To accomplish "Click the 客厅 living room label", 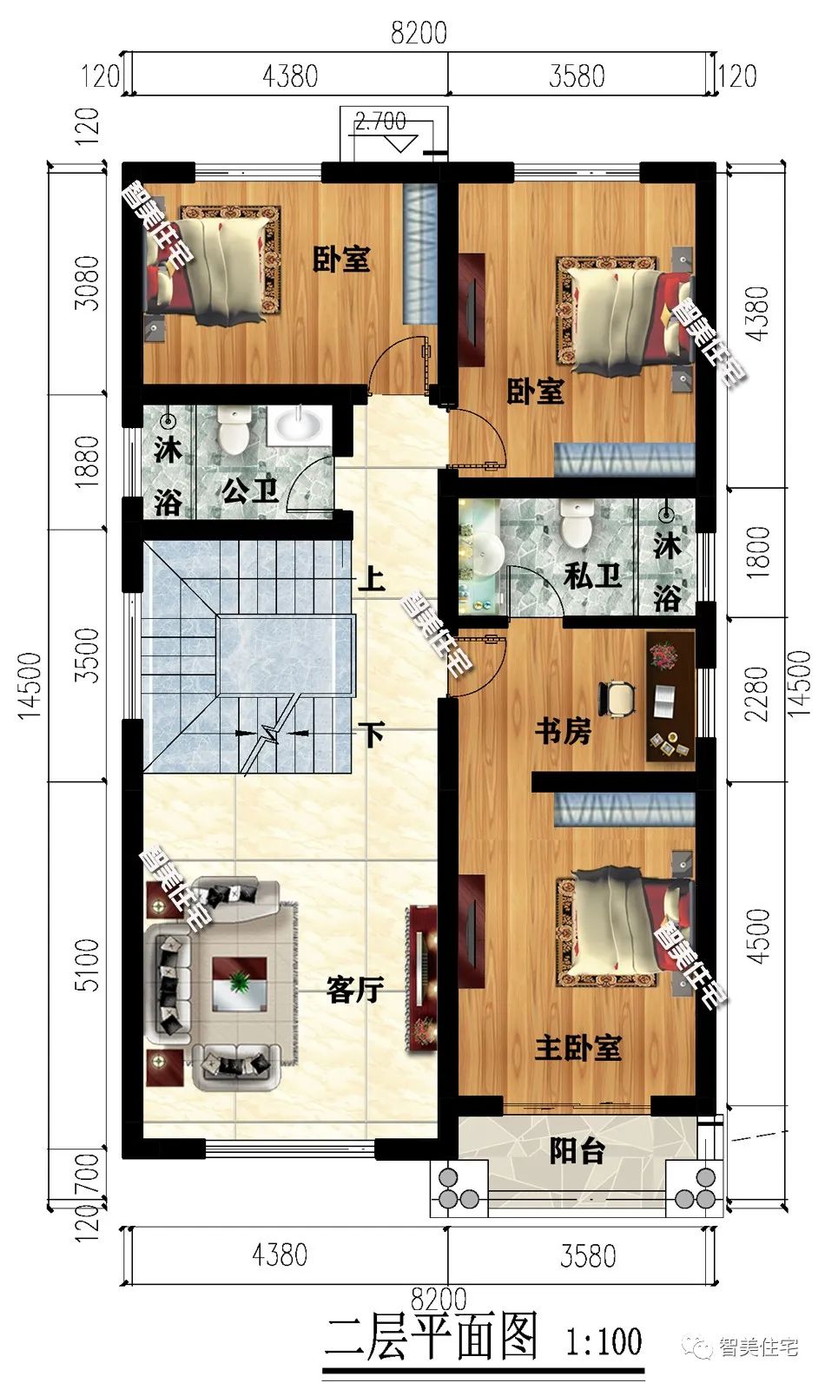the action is pos(355,990).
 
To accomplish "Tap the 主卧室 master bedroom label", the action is pos(578,1048).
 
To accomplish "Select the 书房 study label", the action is pos(564,731).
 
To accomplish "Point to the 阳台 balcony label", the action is pos(577,1151).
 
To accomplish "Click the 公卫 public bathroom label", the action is pos(250,491).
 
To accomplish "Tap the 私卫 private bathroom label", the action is pos(592,576).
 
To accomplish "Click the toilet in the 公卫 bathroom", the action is pos(234,431).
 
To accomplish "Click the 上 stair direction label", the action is pos(372,580).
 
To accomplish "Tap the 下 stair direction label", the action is pos(372,734).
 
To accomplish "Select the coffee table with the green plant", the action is pos(240,984).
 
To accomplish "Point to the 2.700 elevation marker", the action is pos(380,122).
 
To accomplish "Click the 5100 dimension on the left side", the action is pos(87,965).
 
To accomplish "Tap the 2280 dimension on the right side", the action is pos(757,694).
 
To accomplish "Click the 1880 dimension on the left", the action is pos(87,461).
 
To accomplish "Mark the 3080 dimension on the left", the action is pos(87,283).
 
